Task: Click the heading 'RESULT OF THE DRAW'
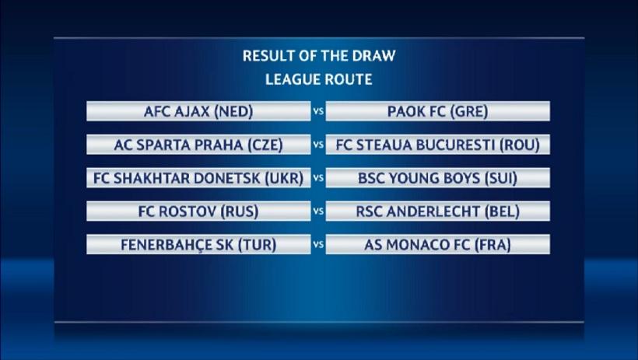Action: pos(319,56)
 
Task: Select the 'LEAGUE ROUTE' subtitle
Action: pos(319,79)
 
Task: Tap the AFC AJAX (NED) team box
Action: pos(198,111)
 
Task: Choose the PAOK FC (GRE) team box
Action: pos(438,111)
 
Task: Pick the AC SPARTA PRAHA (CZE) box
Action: pos(198,145)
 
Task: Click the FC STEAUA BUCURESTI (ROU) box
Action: pos(438,145)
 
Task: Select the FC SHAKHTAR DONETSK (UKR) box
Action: pos(198,178)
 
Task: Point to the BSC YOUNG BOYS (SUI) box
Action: pos(438,178)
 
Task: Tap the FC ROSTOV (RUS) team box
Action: pos(198,211)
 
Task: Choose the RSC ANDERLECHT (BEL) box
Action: pos(438,211)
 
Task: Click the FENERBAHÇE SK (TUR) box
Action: pos(198,244)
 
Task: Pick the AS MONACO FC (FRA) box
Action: pos(438,244)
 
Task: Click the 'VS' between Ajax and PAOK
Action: pos(318,111)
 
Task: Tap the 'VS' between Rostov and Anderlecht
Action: pos(318,211)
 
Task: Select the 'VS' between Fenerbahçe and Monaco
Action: pos(318,244)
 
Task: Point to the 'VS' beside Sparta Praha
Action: pos(318,145)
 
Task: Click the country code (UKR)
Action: pos(285,178)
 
